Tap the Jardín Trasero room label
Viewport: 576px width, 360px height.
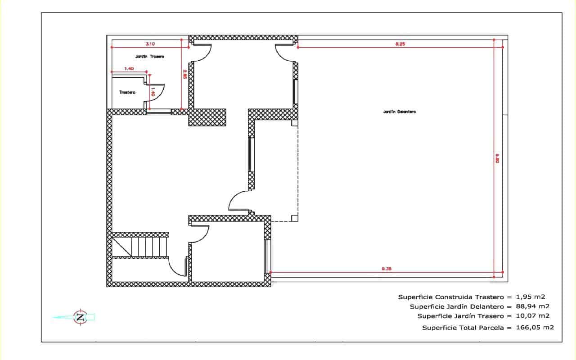tap(149, 57)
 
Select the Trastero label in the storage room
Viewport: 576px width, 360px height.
tap(127, 92)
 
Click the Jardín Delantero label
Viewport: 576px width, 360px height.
tap(400, 112)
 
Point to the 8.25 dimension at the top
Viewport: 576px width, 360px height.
tap(400, 44)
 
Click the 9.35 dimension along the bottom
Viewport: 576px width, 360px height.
tap(387, 269)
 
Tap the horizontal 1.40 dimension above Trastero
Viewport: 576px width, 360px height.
tap(129, 68)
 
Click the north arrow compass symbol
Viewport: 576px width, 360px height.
tap(80, 317)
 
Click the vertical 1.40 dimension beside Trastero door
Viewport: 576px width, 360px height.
tap(153, 92)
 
